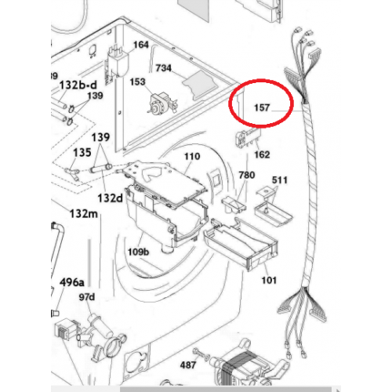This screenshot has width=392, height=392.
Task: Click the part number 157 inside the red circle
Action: tap(262, 107)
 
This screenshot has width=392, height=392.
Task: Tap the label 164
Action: tap(141, 45)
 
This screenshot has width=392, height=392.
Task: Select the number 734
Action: tap(164, 68)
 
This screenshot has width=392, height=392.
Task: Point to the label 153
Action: tap(137, 82)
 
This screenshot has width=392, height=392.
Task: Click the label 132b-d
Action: tap(78, 85)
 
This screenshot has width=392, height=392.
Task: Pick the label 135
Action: tap(82, 153)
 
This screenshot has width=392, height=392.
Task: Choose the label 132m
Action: tap(84, 214)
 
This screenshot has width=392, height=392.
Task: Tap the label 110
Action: tap(192, 157)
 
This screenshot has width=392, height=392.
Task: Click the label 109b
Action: tap(138, 252)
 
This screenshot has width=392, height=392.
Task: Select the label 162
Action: tap(262, 154)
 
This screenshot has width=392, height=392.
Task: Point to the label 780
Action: tap(247, 175)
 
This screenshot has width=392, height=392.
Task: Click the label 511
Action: tap(280, 180)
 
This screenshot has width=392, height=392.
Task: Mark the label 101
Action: tap(269, 281)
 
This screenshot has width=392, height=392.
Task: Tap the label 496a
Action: tap(72, 282)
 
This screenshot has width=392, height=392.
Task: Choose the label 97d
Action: tap(87, 297)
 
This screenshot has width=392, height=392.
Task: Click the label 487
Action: tap(188, 365)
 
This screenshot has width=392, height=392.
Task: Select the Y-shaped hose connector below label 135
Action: tap(72, 174)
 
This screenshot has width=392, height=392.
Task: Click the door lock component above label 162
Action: tap(249, 137)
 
